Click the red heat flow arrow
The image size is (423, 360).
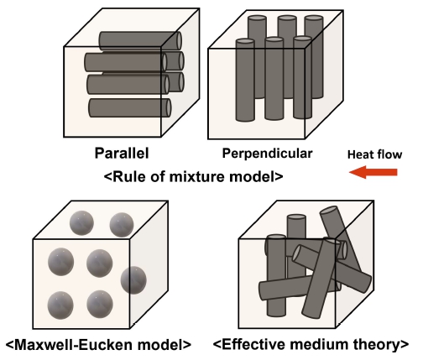(x=373, y=172)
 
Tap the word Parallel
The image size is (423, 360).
(x=122, y=154)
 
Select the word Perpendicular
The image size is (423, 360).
(x=267, y=154)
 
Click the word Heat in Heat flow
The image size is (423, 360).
(x=359, y=154)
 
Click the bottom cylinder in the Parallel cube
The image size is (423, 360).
(x=130, y=107)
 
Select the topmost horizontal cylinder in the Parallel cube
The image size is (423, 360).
(x=140, y=41)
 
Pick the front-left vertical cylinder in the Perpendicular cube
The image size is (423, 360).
(x=245, y=81)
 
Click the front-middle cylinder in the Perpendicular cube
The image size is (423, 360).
(x=274, y=79)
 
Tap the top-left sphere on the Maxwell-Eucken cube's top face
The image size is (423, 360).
(x=81, y=222)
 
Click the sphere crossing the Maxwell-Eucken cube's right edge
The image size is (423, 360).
(x=133, y=280)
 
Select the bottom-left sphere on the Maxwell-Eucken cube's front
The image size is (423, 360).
(x=60, y=305)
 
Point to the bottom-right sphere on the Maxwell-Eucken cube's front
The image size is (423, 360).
(x=100, y=304)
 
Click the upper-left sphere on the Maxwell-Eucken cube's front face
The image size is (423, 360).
(x=60, y=262)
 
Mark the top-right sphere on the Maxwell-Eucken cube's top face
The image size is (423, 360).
(x=122, y=225)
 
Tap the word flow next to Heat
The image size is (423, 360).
(x=388, y=154)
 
